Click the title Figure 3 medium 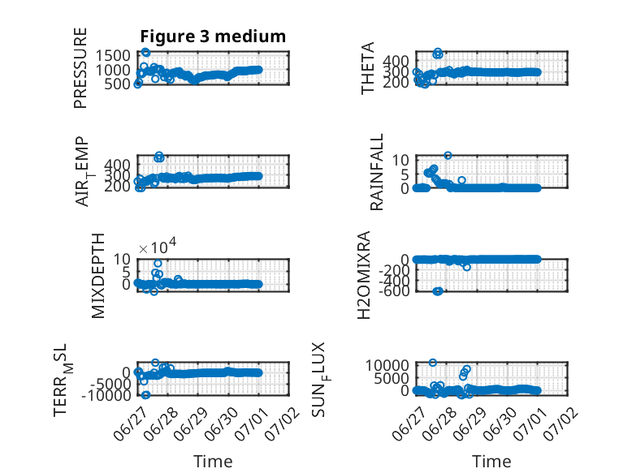point(213,37)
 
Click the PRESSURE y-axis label point(80,68)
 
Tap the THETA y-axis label point(368,68)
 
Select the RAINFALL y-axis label point(376,172)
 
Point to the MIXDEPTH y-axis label point(98,276)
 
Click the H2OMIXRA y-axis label point(364,275)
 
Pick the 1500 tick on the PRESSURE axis point(113,55)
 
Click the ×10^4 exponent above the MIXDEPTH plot point(158,247)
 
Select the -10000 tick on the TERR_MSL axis point(106,395)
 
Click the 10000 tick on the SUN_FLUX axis point(387,366)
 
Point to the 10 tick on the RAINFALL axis point(400,160)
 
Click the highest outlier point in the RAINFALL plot point(448,156)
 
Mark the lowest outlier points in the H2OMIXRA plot point(438,291)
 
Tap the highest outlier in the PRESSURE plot point(145,53)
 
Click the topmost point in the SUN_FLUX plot point(432,363)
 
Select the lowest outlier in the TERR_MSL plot point(145,395)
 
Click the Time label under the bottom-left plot point(213,462)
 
